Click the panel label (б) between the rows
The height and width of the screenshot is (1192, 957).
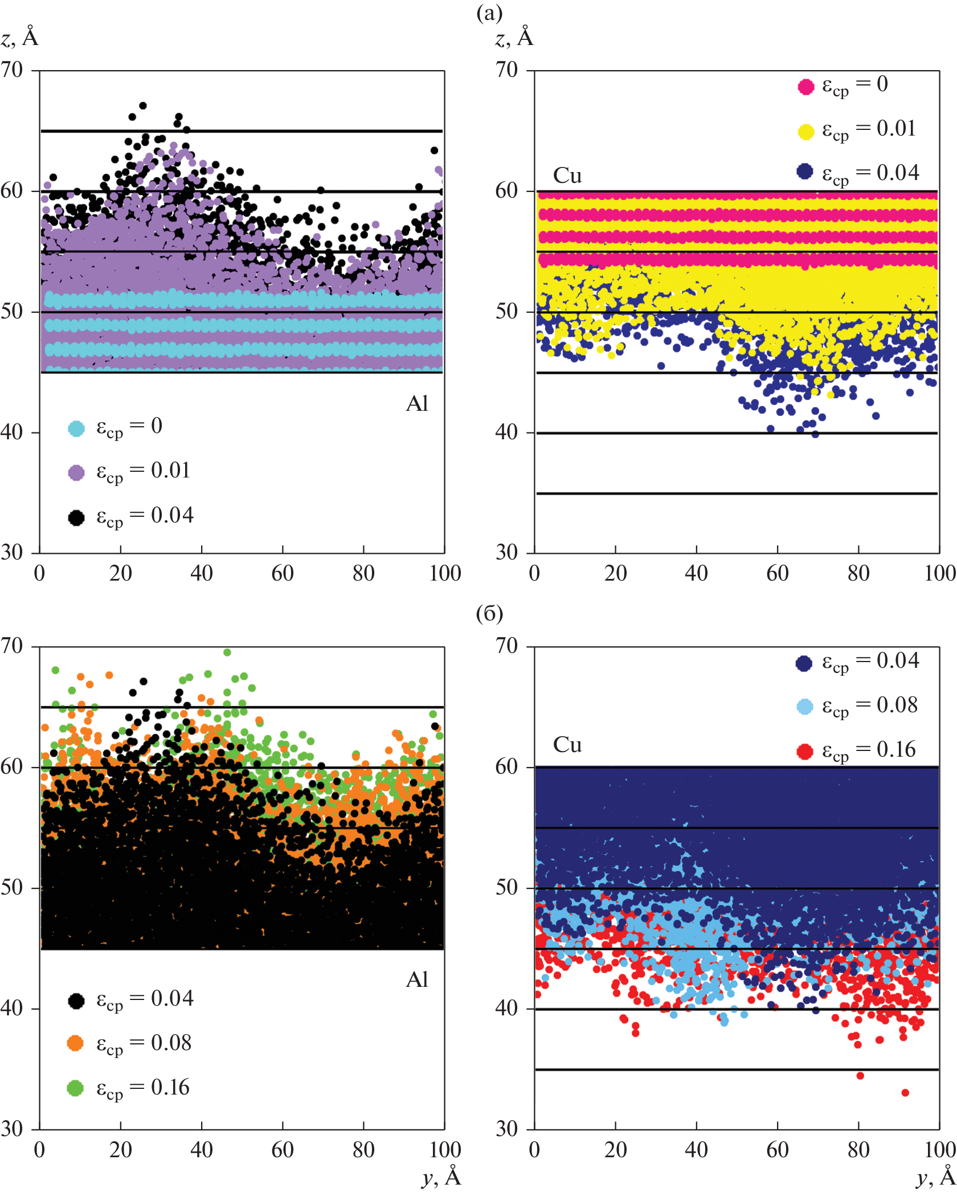[x=489, y=613]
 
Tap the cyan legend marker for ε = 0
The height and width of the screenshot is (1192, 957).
[x=76, y=428]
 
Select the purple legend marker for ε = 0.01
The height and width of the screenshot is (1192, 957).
[x=76, y=472]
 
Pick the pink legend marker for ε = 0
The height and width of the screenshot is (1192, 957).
[x=805, y=87]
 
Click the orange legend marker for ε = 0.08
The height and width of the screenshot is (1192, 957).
[x=75, y=1043]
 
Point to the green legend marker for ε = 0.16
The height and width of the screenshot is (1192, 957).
[x=75, y=1088]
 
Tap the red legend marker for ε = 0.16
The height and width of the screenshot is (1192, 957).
[x=804, y=752]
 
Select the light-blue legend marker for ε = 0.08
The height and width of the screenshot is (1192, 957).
[x=804, y=707]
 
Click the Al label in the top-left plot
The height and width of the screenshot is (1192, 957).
[x=417, y=403]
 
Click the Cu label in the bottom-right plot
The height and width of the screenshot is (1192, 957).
[x=567, y=745]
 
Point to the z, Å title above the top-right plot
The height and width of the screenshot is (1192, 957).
[x=514, y=38]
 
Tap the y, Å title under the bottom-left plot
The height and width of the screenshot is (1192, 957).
[x=441, y=1176]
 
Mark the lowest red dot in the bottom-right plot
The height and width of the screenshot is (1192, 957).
[x=905, y=1092]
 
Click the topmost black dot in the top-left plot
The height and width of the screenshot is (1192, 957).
[x=143, y=105]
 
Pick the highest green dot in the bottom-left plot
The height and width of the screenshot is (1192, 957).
[x=227, y=652]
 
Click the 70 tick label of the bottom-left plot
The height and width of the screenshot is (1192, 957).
[x=12, y=646]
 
